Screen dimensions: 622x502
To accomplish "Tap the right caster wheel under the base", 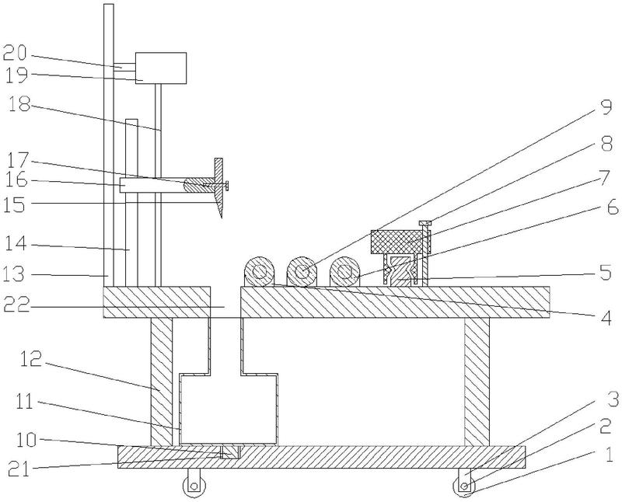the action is pyautogui.click(x=465, y=487).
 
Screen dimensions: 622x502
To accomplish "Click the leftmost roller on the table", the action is pyautogui.click(x=259, y=273).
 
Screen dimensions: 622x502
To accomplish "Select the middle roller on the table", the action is pyautogui.click(x=302, y=273).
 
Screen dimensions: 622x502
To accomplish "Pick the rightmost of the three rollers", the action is pyautogui.click(x=344, y=273).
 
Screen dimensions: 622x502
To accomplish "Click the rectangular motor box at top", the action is pyautogui.click(x=161, y=68).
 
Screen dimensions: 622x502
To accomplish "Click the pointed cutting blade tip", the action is pyautogui.click(x=221, y=214).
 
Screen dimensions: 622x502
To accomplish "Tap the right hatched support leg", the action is pyautogui.click(x=477, y=381).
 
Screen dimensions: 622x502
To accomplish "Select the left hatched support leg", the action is pyautogui.click(x=162, y=381).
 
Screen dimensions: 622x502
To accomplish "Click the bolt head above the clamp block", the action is pyautogui.click(x=425, y=224).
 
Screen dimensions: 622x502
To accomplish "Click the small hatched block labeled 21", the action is pyautogui.click(x=231, y=451).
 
